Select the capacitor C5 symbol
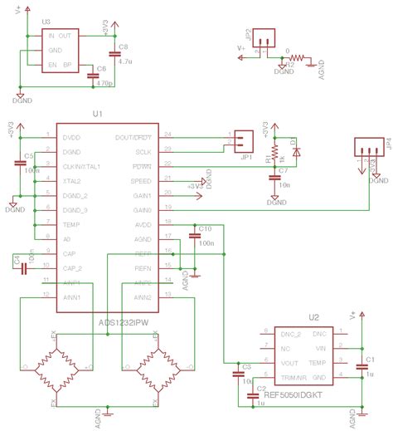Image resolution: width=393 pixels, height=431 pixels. point(20,163)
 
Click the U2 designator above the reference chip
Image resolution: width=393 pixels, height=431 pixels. point(313,317)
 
